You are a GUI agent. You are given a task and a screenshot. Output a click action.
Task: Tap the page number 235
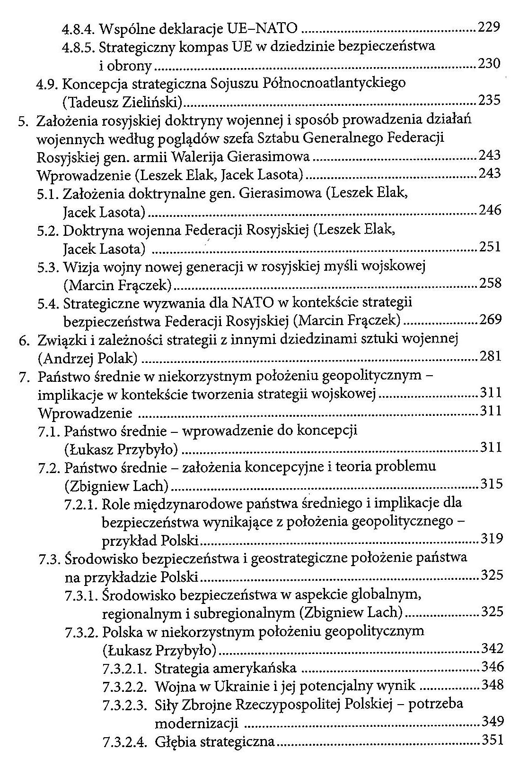[490, 101]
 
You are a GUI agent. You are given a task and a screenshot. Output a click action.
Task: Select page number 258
[490, 283]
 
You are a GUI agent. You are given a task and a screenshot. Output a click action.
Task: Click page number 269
[491, 320]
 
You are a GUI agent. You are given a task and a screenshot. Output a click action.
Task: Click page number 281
[491, 356]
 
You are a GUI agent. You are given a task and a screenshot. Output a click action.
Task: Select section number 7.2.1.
[80, 504]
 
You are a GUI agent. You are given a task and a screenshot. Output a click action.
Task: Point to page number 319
[492, 539]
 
